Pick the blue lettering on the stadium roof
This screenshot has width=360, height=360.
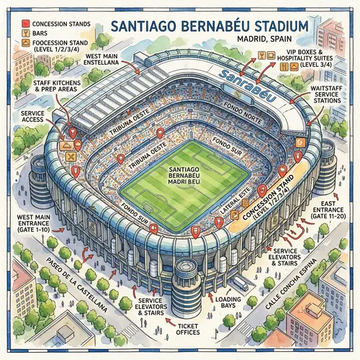point(238,77)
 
